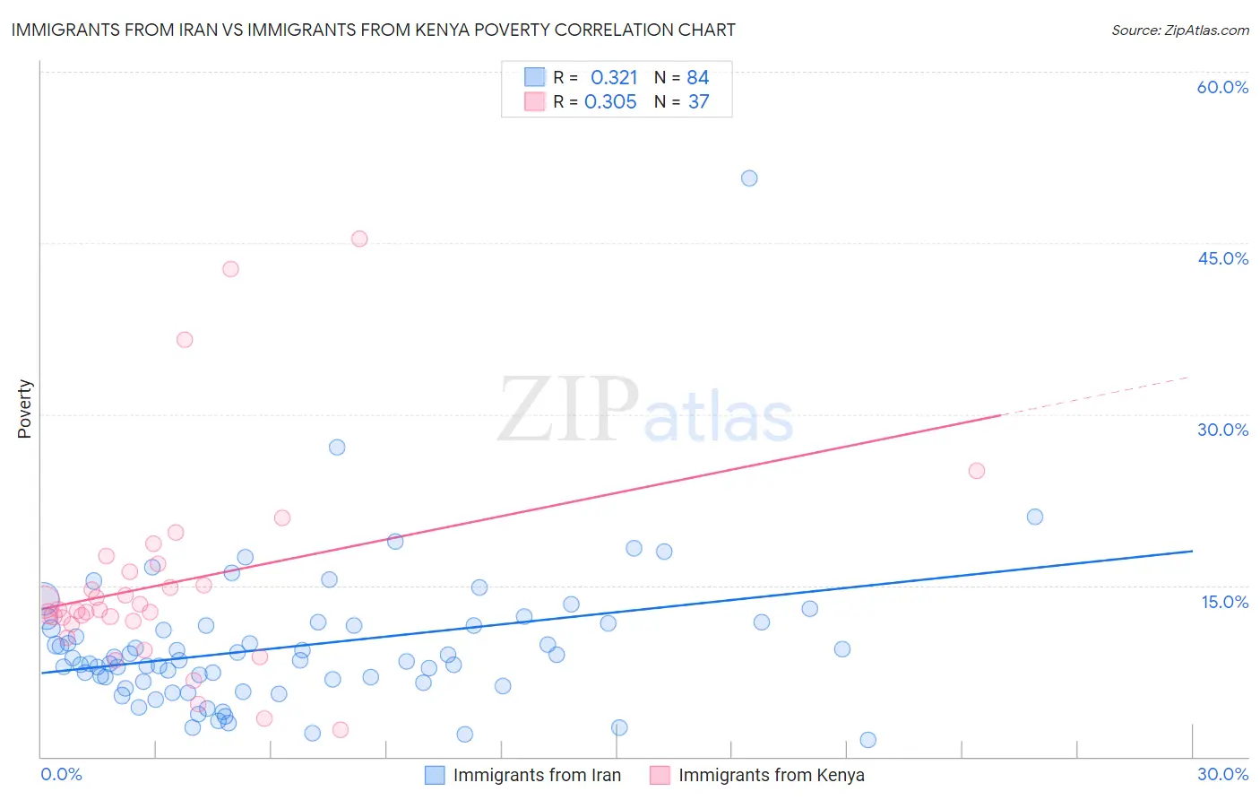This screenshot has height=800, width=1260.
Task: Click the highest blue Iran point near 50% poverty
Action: (749, 178)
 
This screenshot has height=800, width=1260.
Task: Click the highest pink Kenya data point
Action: (359, 239)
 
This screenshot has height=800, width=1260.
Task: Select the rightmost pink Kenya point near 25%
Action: (977, 471)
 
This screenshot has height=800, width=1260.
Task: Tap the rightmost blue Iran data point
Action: (1035, 517)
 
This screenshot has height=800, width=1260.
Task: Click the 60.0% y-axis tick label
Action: (1222, 87)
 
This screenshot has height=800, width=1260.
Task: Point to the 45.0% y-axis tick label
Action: (1222, 258)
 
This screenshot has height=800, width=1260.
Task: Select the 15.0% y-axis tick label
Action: (1224, 601)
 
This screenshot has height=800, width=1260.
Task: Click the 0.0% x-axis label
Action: (61, 774)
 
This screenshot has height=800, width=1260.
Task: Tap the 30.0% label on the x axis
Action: (1222, 774)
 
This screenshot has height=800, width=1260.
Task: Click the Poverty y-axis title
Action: (24, 409)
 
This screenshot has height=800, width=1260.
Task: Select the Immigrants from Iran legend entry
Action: (536, 775)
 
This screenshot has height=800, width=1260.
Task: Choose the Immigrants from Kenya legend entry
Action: (771, 775)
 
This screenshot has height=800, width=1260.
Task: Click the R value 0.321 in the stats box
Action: (614, 78)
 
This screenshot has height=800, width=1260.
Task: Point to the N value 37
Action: (698, 102)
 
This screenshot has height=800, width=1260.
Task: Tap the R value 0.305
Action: (610, 102)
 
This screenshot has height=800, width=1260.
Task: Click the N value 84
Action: (697, 78)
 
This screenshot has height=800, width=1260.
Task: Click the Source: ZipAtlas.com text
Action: (1179, 30)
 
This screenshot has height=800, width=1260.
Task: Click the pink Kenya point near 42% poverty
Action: (230, 269)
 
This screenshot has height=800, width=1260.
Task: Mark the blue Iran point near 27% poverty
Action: (337, 448)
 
